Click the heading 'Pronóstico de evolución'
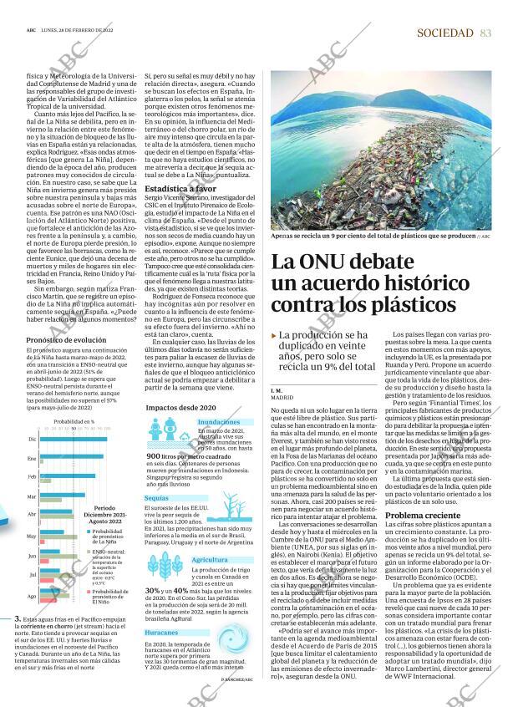click(x=67, y=340)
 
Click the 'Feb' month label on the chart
click(x=32, y=476)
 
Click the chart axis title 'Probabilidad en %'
click(x=74, y=422)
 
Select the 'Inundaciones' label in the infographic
click(x=219, y=423)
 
